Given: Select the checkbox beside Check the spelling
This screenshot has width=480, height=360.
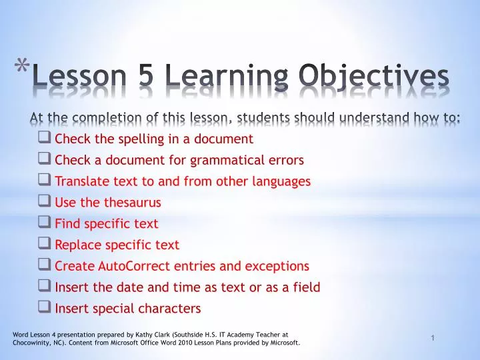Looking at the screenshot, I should (45, 139).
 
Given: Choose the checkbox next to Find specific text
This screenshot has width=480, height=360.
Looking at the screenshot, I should (45, 223).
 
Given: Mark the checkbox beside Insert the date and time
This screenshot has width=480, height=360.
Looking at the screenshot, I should (45, 287).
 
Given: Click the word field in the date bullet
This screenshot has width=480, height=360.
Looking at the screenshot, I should (306, 287).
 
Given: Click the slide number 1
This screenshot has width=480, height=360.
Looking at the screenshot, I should (433, 339).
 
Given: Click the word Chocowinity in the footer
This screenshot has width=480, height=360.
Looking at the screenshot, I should (31, 343).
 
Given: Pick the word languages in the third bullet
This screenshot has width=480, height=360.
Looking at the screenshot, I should (283, 181).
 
